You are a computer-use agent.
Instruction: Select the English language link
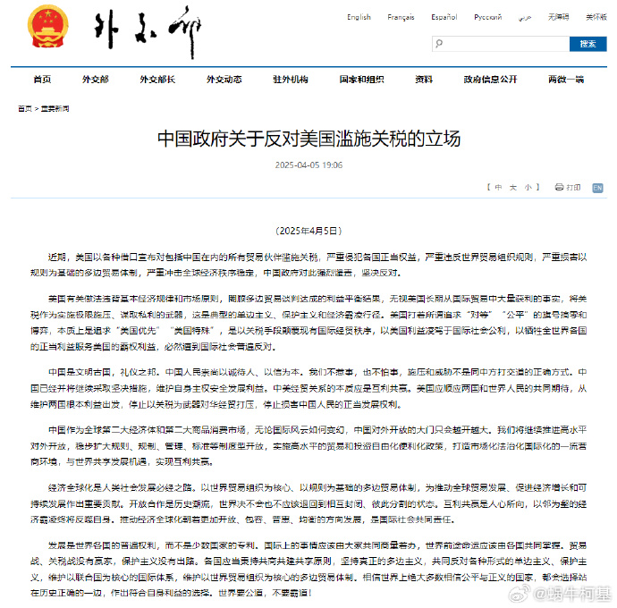click(359, 17)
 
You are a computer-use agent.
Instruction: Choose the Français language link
click(401, 17)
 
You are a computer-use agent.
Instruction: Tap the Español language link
click(444, 17)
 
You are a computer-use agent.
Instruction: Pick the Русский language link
click(487, 17)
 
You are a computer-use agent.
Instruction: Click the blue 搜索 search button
click(587, 43)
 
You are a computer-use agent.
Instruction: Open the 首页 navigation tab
click(42, 80)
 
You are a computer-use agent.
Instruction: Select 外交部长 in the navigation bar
click(157, 80)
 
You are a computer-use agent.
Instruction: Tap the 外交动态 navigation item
click(224, 80)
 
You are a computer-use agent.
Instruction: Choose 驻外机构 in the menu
click(291, 80)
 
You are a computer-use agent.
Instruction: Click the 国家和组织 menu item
click(361, 80)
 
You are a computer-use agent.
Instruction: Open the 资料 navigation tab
click(424, 80)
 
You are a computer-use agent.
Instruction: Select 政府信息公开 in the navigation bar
click(490, 80)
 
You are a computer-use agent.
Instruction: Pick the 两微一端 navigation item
click(567, 80)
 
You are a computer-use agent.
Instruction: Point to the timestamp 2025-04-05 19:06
click(308, 165)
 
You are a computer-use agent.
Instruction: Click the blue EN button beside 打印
click(597, 188)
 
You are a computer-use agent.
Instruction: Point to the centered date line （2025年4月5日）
click(308, 231)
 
